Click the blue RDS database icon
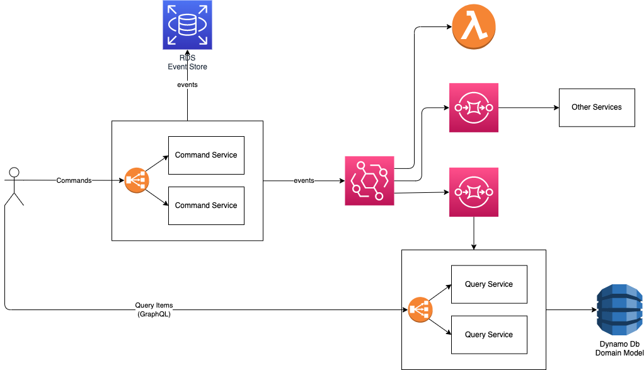188,25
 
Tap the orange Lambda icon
474,28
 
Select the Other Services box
597,107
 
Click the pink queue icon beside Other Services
474,107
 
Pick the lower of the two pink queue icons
474,192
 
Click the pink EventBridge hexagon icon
369,180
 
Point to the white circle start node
14,173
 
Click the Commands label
74,180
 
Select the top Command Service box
206,155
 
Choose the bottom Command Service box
206,205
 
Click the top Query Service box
489,284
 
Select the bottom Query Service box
489,335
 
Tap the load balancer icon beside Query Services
420,309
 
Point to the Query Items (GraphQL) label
154,309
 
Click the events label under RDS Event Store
187,84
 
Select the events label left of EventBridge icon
304,180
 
